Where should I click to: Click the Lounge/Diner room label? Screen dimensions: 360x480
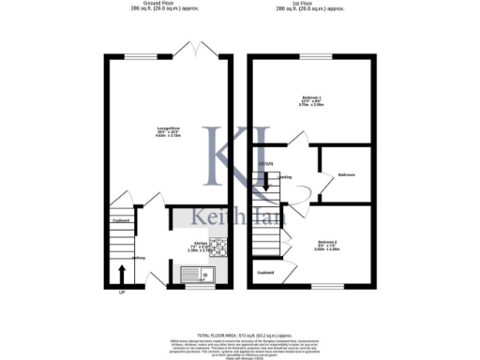pyautogui.click(x=168, y=131)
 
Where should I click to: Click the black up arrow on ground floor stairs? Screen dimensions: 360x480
pyautogui.click(x=122, y=276)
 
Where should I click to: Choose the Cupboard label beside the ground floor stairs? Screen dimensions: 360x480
pyautogui.click(x=121, y=220)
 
